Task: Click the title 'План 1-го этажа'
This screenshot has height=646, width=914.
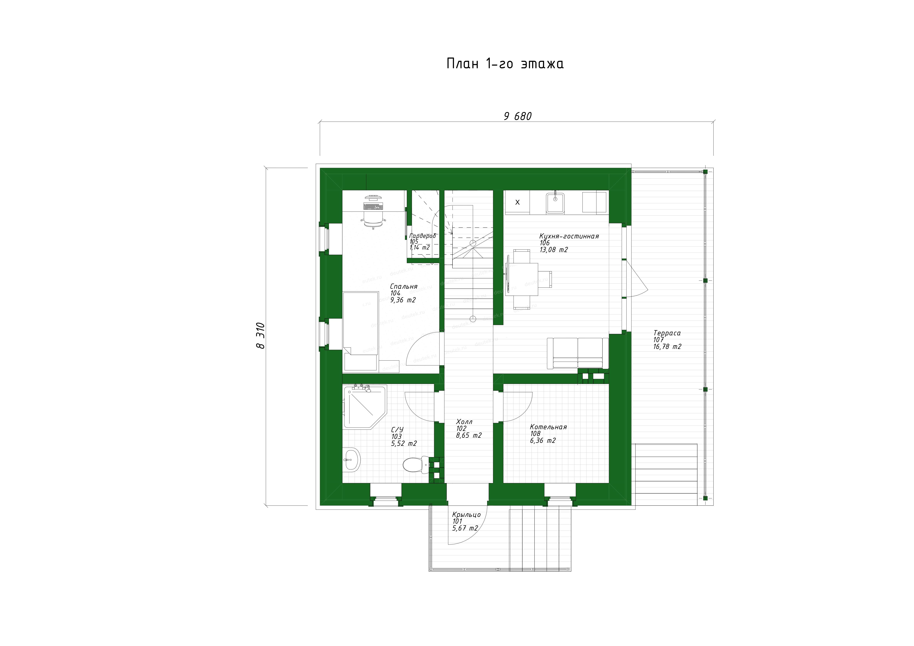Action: pyautogui.click(x=505, y=64)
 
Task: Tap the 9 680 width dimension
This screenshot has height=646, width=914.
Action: pyautogui.click(x=518, y=116)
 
